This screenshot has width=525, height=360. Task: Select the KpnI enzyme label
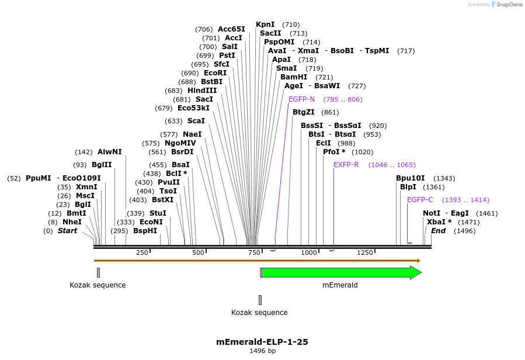[265, 25]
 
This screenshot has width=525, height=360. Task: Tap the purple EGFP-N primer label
[301, 99]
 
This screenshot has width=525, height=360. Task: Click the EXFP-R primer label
[346, 165]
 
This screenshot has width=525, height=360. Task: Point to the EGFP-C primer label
[420, 200]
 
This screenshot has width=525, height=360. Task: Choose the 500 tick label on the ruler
[198, 252]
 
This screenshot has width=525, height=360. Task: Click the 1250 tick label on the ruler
[365, 252]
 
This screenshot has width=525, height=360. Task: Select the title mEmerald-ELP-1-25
[262, 342]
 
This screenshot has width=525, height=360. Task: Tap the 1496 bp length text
[262, 351]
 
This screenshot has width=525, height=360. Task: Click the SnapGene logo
[506, 5]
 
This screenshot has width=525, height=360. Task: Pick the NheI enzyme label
[72, 222]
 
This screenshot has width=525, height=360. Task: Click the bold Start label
[67, 231]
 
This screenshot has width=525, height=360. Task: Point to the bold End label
[438, 231]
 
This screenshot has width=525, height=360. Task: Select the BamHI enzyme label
[294, 77]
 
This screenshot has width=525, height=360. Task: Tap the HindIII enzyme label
[202, 91]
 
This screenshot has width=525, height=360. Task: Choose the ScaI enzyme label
[196, 121]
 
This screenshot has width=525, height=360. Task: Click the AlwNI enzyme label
[110, 152]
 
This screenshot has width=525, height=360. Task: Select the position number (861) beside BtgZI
[330, 112]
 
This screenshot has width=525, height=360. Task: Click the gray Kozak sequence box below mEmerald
[260, 300]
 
